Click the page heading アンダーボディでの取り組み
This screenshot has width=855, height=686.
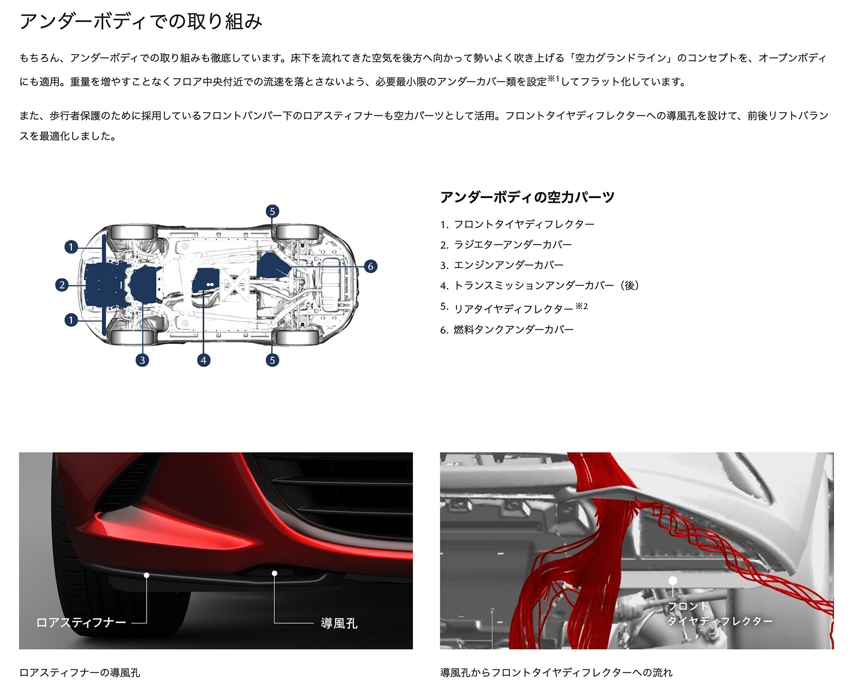(141, 22)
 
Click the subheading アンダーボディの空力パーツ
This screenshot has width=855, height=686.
(527, 197)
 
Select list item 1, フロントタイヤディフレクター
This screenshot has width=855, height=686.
(524, 224)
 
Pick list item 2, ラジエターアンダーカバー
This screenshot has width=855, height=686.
(513, 245)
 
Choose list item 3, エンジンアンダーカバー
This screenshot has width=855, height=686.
(509, 265)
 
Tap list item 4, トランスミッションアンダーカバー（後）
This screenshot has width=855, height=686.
(546, 286)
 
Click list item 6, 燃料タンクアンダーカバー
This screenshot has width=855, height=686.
(513, 330)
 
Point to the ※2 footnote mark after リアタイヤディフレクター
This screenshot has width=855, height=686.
(582, 306)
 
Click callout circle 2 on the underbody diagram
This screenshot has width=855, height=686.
(62, 285)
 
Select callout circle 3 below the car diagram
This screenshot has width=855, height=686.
(142, 360)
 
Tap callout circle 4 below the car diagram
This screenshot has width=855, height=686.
(203, 360)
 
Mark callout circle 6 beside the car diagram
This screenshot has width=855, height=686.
(370, 267)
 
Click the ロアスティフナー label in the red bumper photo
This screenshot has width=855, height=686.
(81, 623)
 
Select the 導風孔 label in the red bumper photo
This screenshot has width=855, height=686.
(339, 623)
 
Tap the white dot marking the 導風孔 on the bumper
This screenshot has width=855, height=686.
(275, 573)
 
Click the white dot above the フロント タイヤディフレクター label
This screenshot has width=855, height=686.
(673, 581)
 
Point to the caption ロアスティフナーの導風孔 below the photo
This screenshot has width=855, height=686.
(80, 673)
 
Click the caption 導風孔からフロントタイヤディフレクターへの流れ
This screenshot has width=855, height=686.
(556, 673)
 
